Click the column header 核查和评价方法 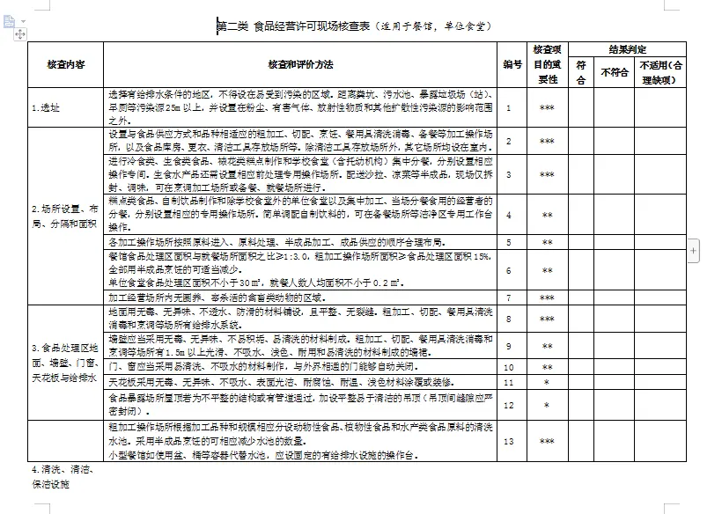click(x=300, y=65)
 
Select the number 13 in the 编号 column click(x=509, y=440)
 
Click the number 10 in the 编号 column click(x=509, y=366)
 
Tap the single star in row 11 click(x=547, y=383)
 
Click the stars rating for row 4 click(x=547, y=215)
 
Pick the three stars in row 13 click(x=547, y=441)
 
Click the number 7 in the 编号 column click(x=509, y=298)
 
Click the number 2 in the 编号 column click(x=509, y=141)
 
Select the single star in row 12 click(x=547, y=406)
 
